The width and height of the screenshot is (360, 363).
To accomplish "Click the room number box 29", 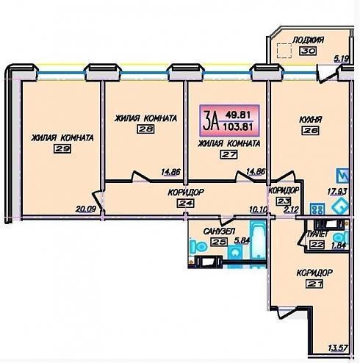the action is [62, 148].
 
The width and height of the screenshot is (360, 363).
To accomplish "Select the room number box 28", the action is [145, 129].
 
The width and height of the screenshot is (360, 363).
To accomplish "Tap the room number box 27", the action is [229, 154].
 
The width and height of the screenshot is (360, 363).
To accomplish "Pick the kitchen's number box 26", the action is [310, 130].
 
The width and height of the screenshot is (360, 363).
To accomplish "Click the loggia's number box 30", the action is [308, 51].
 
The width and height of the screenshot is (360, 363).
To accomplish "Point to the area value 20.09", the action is [85, 209].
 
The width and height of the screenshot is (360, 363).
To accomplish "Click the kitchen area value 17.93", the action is [337, 191].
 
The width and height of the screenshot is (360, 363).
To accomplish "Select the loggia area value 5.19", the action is [342, 59].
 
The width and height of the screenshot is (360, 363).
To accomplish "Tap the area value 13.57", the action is [338, 348].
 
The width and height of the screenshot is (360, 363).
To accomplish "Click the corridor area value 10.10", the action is [259, 209].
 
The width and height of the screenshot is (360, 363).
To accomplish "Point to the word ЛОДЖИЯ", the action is [309, 40].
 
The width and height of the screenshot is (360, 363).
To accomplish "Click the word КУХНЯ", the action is [311, 120].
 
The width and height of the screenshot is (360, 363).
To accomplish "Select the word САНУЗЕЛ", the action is [219, 231].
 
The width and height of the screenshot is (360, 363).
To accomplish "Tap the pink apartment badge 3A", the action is [229, 121].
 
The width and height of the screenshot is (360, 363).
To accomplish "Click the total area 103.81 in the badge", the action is [238, 127].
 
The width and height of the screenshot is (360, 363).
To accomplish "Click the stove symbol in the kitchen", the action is [317, 209].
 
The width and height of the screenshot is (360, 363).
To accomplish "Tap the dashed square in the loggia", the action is [284, 51].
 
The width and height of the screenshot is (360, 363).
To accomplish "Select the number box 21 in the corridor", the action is [314, 284].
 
